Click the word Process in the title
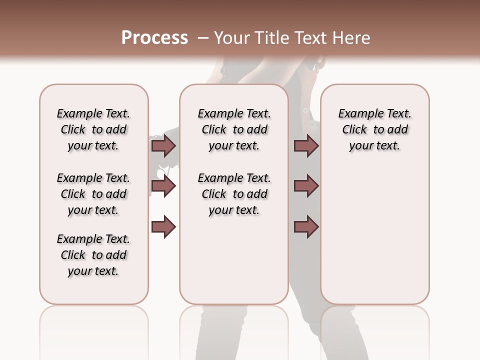(154, 37)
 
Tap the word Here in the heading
(352, 37)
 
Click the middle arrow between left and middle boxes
(163, 186)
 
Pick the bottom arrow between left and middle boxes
(163, 227)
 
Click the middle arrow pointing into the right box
(306, 186)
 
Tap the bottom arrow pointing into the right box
(306, 227)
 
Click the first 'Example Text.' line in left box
(93, 113)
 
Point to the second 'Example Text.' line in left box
(93, 178)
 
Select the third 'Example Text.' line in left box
(93, 239)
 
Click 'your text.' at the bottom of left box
(93, 271)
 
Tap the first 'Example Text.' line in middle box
(234, 113)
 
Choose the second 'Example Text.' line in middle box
(234, 178)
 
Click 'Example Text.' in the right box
(375, 113)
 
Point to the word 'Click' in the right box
(354, 129)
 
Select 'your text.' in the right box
(375, 145)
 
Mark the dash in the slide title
(202, 38)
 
